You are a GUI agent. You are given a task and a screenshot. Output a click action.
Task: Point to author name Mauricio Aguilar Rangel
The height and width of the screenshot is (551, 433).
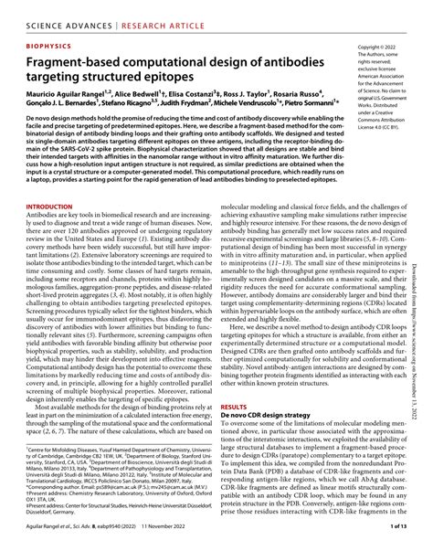click(x=58, y=100)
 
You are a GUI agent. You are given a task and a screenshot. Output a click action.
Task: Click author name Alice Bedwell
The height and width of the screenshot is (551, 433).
click(x=143, y=100)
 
